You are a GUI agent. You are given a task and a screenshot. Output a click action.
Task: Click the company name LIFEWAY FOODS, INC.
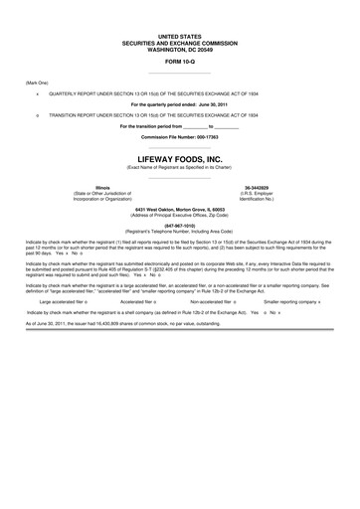179,158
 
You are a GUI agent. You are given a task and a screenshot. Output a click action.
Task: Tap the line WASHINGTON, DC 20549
179,47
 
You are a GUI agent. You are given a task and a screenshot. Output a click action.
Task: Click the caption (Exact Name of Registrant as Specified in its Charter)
179,167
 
